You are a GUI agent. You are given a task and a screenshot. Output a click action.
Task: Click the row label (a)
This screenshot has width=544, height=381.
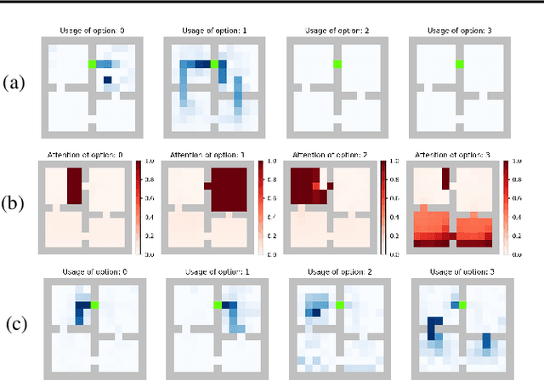click(x=15, y=83)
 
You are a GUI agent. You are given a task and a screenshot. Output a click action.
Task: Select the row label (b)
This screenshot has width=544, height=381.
click(x=15, y=204)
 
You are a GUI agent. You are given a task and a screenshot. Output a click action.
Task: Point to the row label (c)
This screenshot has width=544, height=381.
click(x=15, y=325)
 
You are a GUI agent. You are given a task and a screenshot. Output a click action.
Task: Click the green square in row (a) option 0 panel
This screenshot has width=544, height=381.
click(x=92, y=64)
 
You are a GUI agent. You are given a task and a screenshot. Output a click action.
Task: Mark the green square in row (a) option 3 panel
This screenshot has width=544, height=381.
click(x=459, y=64)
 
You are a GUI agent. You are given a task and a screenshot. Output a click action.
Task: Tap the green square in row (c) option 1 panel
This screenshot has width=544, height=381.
click(x=217, y=304)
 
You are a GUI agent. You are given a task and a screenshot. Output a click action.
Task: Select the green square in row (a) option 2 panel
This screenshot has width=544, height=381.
click(x=337, y=64)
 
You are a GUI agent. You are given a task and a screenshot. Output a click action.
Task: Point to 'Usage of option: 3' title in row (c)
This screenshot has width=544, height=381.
click(x=459, y=272)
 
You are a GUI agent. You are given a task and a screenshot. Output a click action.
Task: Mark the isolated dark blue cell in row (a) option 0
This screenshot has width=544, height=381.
click(x=108, y=82)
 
